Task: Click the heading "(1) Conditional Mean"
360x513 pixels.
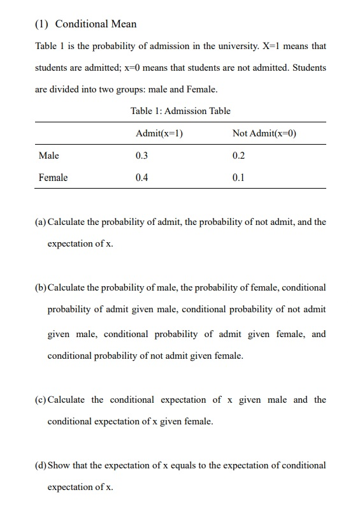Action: pos(85,24)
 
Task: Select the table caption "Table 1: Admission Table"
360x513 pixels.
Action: pos(180,111)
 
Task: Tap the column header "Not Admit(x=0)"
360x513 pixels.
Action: pos(264,133)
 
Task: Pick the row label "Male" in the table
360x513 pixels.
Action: pos(48,155)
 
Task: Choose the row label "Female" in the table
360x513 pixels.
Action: pos(53,178)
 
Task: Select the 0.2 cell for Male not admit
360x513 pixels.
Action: pos(238,155)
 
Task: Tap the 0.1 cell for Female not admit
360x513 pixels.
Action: pos(238,178)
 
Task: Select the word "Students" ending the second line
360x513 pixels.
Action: pos(308,68)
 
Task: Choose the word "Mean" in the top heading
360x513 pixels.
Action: pos(123,24)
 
